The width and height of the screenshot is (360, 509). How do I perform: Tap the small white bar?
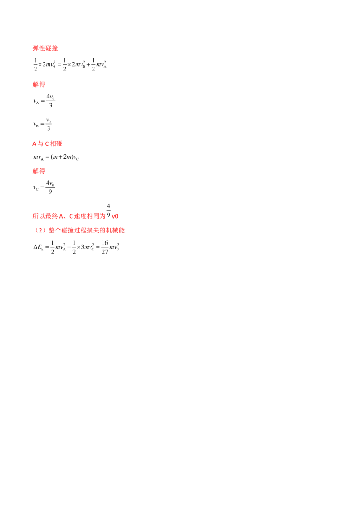[x=43, y=59]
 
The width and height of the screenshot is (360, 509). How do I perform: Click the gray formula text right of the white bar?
[x=81, y=64]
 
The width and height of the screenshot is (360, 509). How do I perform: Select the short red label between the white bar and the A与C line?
[x=39, y=85]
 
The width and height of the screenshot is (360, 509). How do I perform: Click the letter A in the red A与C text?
[x=35, y=144]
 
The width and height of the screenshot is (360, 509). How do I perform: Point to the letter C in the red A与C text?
[x=43, y=144]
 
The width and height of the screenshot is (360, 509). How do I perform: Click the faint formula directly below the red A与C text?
[x=56, y=157]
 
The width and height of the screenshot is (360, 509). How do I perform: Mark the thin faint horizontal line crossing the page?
[x=225, y=160]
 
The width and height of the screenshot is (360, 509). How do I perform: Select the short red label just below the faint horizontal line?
[x=39, y=171]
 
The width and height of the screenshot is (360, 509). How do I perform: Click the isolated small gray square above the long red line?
[x=106, y=203]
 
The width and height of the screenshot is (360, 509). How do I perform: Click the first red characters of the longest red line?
[x=45, y=216]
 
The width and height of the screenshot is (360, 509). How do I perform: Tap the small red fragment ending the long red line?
[x=115, y=216]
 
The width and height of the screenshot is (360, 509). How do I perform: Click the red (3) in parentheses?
[x=40, y=230]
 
